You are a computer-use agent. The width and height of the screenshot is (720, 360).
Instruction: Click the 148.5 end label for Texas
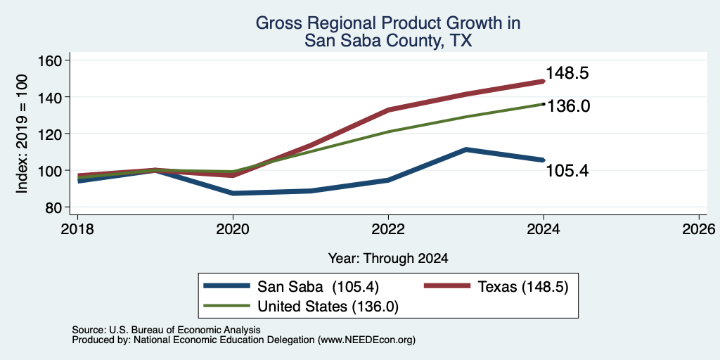pyautogui.click(x=567, y=73)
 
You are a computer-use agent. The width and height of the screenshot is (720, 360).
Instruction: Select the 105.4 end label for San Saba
pyautogui.click(x=567, y=171)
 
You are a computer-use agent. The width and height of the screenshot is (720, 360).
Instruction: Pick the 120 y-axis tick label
pyautogui.click(x=52, y=134)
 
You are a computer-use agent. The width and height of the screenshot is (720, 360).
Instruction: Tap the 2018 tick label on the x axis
pyautogui.click(x=77, y=229)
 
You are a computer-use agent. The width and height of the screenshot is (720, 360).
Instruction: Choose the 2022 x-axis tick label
pyautogui.click(x=388, y=229)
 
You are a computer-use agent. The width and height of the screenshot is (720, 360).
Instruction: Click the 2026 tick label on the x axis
pyautogui.click(x=699, y=229)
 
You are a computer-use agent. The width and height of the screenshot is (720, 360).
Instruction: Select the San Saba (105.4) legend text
pyautogui.click(x=318, y=287)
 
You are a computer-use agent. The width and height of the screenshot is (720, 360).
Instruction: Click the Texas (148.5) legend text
pyautogui.click(x=523, y=287)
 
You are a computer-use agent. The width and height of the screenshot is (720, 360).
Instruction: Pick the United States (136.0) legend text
pyautogui.click(x=328, y=307)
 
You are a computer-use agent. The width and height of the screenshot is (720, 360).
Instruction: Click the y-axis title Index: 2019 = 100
pyautogui.click(x=22, y=134)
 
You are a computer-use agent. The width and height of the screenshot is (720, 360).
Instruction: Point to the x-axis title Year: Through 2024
pyautogui.click(x=388, y=259)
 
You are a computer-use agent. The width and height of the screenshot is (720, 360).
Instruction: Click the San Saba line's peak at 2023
pyautogui.click(x=466, y=150)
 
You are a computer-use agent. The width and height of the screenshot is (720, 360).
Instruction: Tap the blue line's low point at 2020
pyautogui.click(x=233, y=193)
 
